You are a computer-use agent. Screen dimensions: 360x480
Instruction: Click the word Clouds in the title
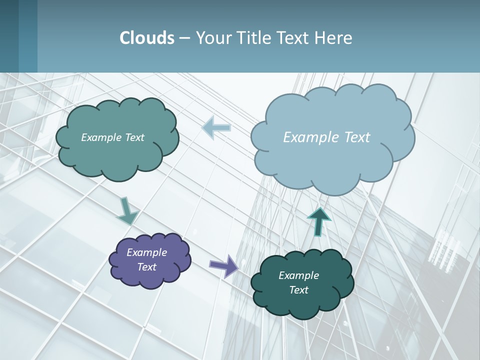[146, 38]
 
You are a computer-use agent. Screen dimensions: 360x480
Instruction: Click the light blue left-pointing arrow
[216, 127]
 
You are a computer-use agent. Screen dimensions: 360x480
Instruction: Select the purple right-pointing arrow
[224, 265]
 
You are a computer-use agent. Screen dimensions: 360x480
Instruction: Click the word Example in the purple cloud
[146, 252]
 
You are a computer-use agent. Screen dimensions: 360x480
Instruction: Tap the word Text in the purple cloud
[147, 267]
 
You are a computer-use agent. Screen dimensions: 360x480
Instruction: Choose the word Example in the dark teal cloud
[298, 275]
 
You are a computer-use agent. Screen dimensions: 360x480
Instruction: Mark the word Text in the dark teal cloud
[298, 290]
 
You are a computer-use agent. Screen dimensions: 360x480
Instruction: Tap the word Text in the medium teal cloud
[134, 137]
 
